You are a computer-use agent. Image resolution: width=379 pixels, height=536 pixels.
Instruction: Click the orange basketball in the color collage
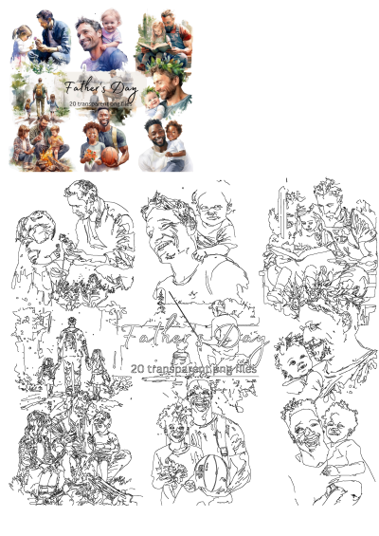click(x=110, y=155)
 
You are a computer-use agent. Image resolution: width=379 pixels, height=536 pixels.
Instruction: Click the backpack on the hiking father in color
click(x=40, y=93)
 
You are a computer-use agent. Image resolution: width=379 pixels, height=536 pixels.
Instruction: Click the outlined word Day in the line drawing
click(x=240, y=338)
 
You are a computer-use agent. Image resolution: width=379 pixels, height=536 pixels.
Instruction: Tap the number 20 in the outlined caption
click(x=139, y=366)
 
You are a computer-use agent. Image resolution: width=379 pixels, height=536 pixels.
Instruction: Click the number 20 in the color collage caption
click(x=71, y=102)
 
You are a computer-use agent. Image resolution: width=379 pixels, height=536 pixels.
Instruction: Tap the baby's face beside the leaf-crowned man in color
click(x=152, y=97)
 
